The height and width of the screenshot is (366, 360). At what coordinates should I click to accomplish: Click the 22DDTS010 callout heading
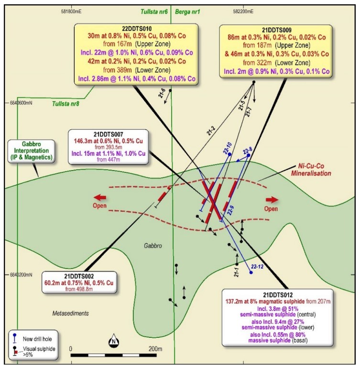[137, 29]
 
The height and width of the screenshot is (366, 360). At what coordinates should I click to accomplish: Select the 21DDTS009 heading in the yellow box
[277, 30]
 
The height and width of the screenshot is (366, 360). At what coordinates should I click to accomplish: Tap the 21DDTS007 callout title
[108, 134]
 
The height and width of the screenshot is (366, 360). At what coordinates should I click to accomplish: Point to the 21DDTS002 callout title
[79, 276]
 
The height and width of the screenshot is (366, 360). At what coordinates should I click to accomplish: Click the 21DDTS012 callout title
[278, 295]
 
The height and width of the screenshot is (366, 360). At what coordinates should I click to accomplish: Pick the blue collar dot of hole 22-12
[251, 272]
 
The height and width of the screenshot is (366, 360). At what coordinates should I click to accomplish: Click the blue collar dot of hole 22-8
[249, 155]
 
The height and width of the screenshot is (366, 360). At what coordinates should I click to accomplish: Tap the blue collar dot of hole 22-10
[229, 154]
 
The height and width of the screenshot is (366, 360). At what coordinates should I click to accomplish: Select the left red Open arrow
[100, 197]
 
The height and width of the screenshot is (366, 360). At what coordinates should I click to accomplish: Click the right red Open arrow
[272, 200]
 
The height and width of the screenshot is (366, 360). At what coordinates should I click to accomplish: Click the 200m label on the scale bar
[155, 349]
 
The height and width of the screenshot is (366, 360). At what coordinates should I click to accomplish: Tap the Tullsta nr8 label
[65, 104]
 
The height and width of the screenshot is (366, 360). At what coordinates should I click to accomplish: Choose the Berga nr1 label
[187, 11]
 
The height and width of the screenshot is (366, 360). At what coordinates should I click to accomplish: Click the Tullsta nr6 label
[154, 11]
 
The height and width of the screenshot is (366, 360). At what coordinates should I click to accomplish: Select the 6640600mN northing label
[21, 103]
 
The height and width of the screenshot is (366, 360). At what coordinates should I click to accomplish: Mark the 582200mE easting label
[243, 11]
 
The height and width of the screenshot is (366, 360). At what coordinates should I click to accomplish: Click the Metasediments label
[71, 313]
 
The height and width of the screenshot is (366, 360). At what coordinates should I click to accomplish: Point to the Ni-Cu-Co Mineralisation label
[311, 170]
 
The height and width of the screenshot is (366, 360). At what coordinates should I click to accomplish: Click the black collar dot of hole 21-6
[170, 90]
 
